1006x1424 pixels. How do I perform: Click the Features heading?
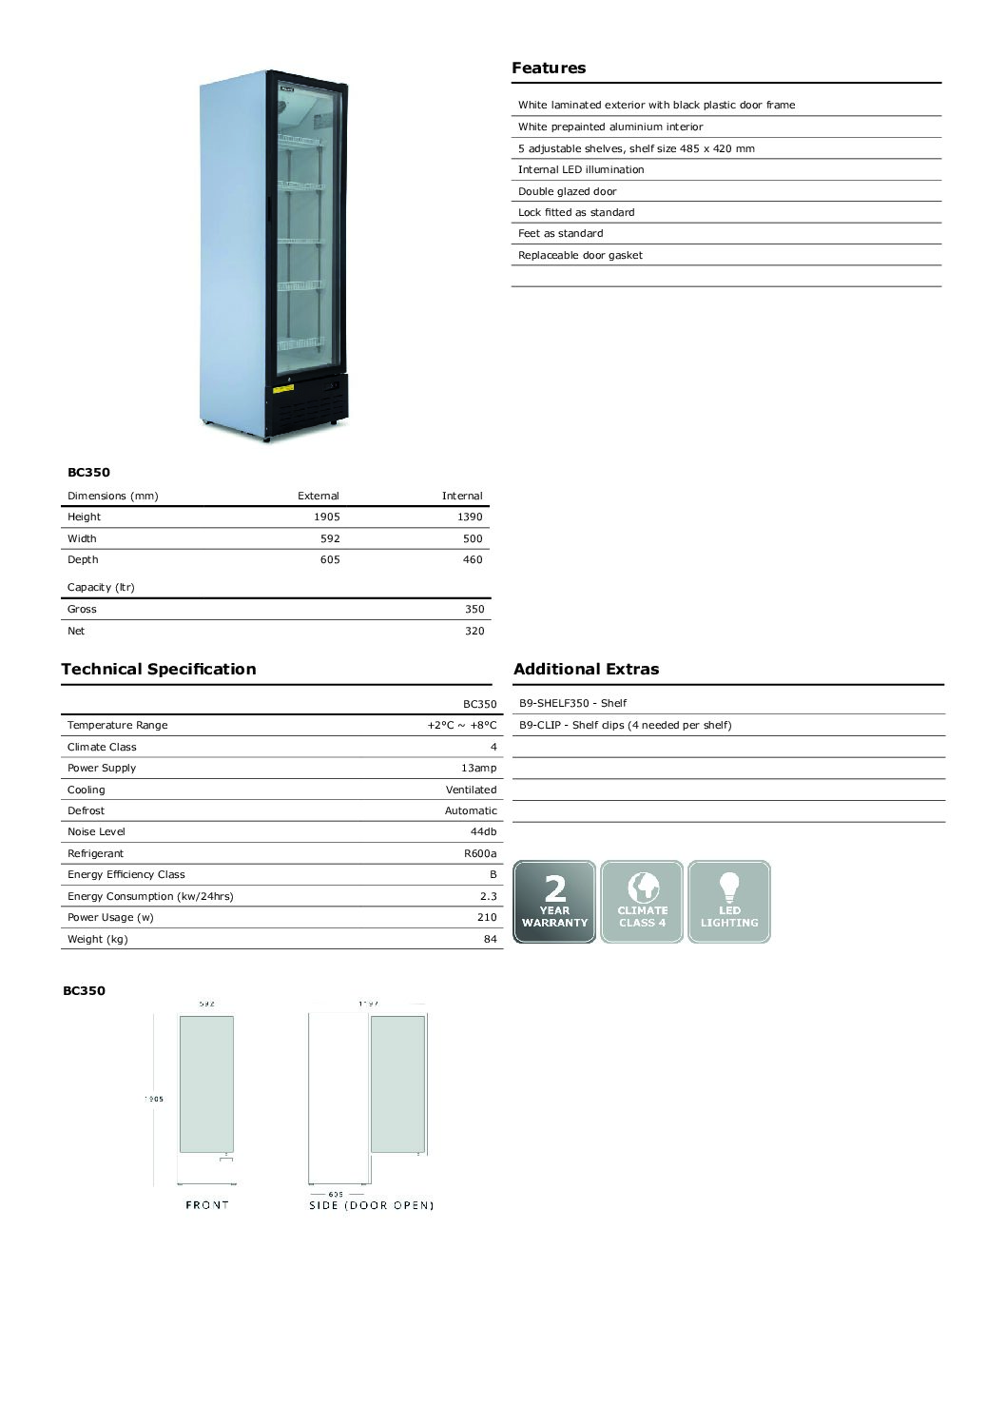[549, 68]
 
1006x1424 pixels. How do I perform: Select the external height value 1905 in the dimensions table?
[326, 517]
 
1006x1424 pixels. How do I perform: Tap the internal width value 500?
[472, 538]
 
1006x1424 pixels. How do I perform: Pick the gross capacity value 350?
[474, 609]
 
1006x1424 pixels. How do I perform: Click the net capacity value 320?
[474, 631]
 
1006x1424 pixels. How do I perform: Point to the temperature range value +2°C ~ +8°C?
[461, 725]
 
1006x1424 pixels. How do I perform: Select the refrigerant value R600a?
[480, 853]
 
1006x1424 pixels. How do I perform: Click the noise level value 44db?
[483, 831]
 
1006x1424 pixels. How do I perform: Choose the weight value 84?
[490, 939]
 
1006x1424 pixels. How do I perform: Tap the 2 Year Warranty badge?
[554, 902]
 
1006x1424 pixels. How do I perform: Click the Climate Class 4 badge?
[642, 902]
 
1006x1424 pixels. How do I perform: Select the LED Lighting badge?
[729, 902]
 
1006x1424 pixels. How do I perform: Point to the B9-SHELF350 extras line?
[572, 703]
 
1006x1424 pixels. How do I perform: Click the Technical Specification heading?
[159, 669]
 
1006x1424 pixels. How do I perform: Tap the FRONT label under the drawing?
[207, 1205]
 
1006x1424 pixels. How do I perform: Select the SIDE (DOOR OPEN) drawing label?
[371, 1205]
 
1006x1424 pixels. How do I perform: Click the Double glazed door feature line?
[567, 191]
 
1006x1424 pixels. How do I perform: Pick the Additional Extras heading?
[586, 669]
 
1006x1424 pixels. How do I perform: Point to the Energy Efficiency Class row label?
[126, 874]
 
